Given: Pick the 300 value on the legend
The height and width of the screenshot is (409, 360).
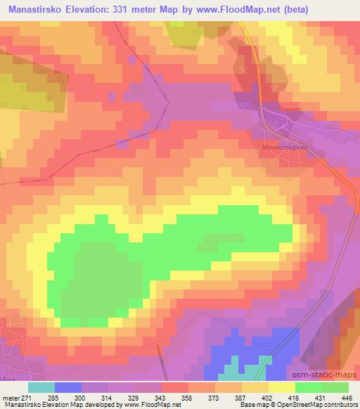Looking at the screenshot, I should [68, 398].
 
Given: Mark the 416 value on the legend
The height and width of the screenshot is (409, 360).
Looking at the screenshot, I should [294, 398].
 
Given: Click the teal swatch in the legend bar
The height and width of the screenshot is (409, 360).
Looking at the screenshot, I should [41, 387].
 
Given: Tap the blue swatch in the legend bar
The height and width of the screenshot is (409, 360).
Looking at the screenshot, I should [68, 387].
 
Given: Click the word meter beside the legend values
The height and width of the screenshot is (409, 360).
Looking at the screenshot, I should [10, 398].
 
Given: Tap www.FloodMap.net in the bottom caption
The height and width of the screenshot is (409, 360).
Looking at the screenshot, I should [162, 405].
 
